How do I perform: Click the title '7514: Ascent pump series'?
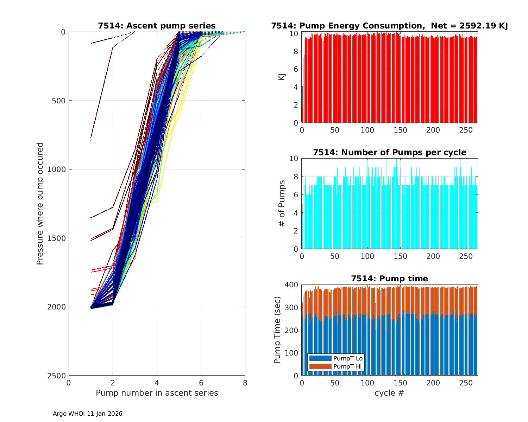click(x=157, y=26)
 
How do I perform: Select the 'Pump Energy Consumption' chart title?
click(x=389, y=26)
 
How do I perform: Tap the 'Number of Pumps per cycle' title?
click(x=389, y=152)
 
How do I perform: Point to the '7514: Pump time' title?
click(x=389, y=279)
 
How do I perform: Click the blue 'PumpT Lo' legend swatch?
click(x=320, y=358)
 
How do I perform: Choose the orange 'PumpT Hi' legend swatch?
click(x=320, y=366)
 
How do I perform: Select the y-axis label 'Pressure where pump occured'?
click(x=40, y=203)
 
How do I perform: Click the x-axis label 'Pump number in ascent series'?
click(x=157, y=393)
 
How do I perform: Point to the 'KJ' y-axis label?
click(x=282, y=77)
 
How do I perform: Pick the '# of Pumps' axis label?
click(x=282, y=203)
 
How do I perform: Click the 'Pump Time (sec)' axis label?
click(x=277, y=330)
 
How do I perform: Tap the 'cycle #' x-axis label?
click(x=389, y=393)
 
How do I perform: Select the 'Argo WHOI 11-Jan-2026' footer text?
click(x=87, y=414)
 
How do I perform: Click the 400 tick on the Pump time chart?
click(x=293, y=284)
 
